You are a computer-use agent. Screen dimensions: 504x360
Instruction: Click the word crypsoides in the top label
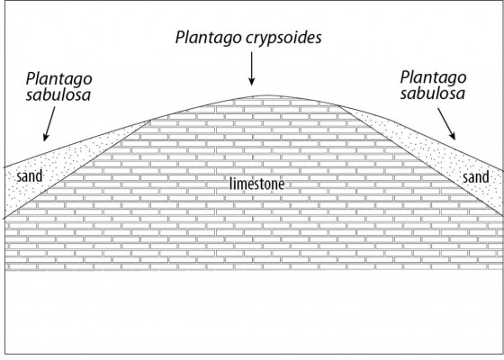[283, 38]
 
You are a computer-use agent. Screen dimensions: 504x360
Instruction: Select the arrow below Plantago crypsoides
[252, 68]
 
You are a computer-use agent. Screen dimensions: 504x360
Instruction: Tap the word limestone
[257, 184]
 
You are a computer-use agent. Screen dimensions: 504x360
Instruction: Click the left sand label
[29, 176]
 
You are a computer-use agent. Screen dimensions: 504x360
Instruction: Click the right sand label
[476, 177]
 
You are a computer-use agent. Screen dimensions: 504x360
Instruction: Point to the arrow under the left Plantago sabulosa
[49, 124]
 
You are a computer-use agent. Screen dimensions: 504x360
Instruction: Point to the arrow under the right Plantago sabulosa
[446, 124]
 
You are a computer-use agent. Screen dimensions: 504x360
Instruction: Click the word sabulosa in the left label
[58, 95]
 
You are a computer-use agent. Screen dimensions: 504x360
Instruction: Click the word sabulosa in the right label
[433, 94]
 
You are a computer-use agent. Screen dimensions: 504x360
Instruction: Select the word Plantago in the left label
[59, 79]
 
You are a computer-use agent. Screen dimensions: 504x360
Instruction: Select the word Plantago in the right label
[433, 77]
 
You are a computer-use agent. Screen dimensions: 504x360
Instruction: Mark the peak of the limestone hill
[267, 95]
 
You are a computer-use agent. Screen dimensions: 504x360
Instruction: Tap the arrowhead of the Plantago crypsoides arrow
[252, 82]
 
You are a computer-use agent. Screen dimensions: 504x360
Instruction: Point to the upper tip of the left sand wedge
[151, 121]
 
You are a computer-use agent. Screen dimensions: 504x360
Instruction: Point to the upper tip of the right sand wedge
[338, 105]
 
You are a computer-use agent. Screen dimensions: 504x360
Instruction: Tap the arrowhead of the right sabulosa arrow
[453, 136]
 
